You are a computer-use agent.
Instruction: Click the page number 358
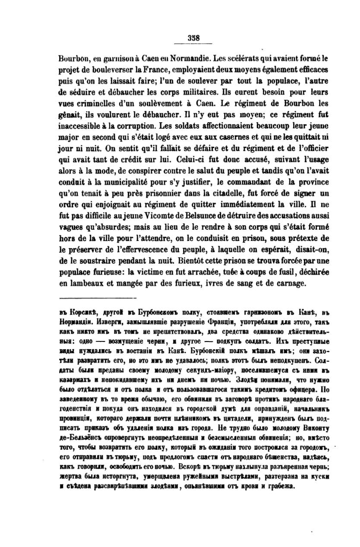pyautogui.click(x=194, y=37)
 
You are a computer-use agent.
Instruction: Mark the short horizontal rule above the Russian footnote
pyautogui.click(x=97, y=298)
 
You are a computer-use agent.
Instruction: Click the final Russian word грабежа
pyautogui.click(x=281, y=486)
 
